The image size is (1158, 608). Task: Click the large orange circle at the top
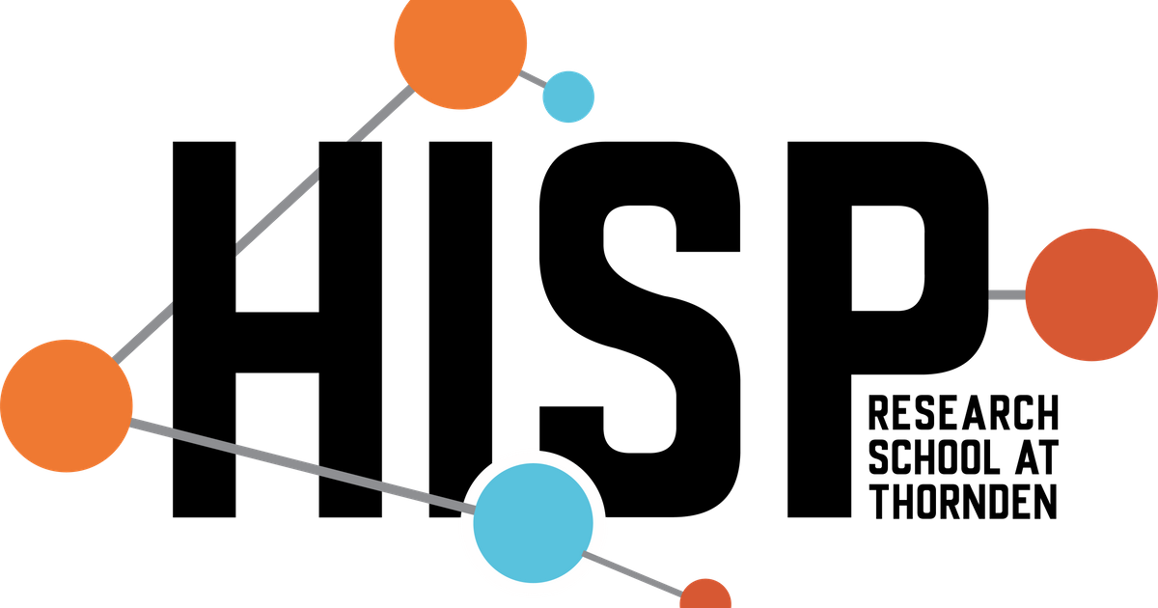(460, 42)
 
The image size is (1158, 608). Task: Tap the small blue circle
(568, 97)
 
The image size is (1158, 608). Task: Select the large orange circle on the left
(67, 405)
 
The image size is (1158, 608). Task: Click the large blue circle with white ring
(534, 522)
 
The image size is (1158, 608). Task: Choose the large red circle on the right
(1090, 294)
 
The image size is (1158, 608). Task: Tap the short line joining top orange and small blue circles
(534, 78)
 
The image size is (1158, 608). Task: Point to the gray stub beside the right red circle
(1006, 294)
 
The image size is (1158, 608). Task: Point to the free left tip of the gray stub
(991, 294)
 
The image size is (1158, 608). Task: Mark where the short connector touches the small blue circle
(545, 84)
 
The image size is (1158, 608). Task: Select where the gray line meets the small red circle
(682, 590)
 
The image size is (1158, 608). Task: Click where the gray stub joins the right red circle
(1024, 294)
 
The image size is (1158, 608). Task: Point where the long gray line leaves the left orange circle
(132, 422)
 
